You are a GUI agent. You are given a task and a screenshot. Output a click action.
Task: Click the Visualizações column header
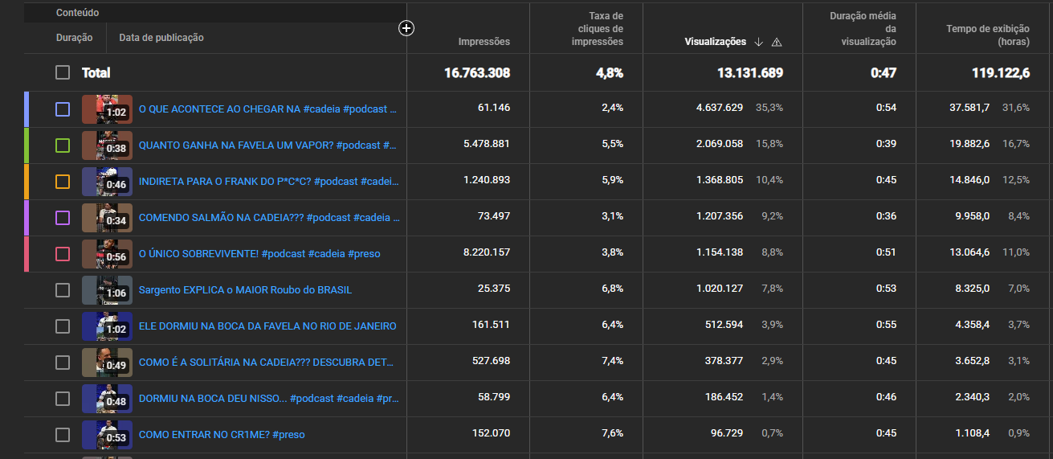pyautogui.click(x=715, y=42)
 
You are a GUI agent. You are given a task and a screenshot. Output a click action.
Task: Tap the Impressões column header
pyautogui.click(x=484, y=42)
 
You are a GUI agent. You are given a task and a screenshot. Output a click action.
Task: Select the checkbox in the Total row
pyautogui.click(x=63, y=73)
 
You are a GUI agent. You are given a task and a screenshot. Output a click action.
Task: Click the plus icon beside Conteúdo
pyautogui.click(x=406, y=29)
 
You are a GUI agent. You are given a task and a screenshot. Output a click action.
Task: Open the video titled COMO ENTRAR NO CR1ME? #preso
pyautogui.click(x=222, y=435)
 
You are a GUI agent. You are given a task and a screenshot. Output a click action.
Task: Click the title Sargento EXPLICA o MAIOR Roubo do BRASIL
pyautogui.click(x=245, y=290)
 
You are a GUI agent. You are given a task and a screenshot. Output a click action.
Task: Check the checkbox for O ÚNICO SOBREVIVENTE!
pyautogui.click(x=63, y=254)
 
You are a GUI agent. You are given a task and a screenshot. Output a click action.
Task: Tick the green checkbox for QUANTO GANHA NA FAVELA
pyautogui.click(x=63, y=145)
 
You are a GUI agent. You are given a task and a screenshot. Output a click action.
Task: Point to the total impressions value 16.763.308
pyautogui.click(x=477, y=73)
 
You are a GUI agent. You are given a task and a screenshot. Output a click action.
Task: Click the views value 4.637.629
pyautogui.click(x=720, y=108)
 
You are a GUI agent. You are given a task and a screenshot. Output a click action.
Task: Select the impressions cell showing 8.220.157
pyautogui.click(x=487, y=252)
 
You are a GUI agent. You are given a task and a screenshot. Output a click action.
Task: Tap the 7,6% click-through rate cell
pyautogui.click(x=612, y=433)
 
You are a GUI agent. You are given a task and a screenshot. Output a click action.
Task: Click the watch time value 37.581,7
pyautogui.click(x=969, y=108)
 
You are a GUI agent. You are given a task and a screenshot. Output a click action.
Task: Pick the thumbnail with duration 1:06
pyautogui.click(x=107, y=290)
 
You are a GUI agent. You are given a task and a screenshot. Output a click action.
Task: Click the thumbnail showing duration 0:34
pyautogui.click(x=107, y=218)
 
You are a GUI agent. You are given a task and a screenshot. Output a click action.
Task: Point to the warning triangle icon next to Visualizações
pyautogui.click(x=776, y=43)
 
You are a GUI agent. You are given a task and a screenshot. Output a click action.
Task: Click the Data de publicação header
pyautogui.click(x=161, y=38)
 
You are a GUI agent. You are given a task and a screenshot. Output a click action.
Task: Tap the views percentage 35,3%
pyautogui.click(x=769, y=108)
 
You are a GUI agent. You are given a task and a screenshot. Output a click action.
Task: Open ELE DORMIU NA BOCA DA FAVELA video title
pyautogui.click(x=267, y=326)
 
